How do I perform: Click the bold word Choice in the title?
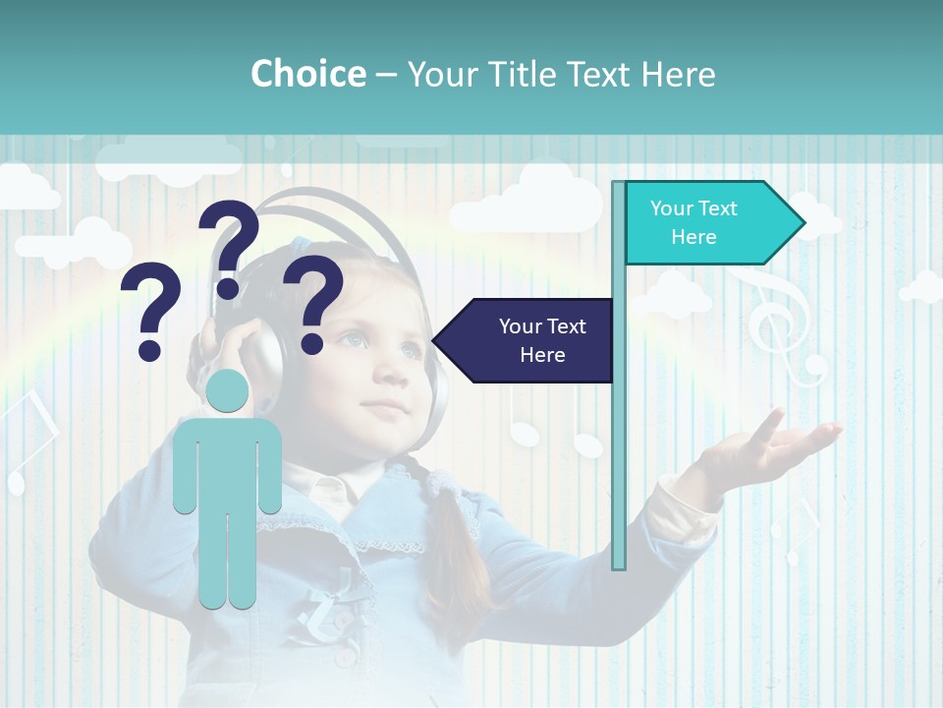[307, 75]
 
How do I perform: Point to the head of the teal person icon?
[228, 390]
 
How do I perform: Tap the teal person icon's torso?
[228, 462]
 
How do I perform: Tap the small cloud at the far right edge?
[923, 287]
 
